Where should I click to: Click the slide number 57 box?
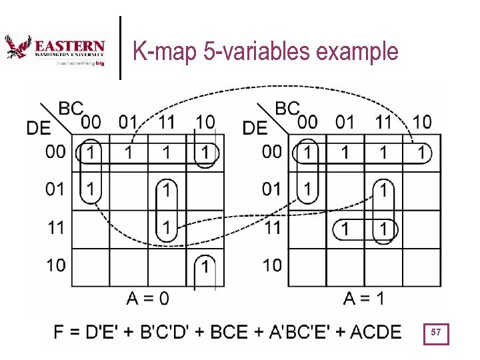point(436,332)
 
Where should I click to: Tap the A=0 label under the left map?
point(148,298)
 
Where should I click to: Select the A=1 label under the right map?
point(364,298)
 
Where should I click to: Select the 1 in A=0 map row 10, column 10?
point(205,267)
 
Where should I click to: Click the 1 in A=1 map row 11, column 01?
point(344,229)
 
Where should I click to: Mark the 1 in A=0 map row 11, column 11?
point(166,229)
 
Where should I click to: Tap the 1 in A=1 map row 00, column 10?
point(421,153)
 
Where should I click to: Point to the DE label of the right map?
point(254,127)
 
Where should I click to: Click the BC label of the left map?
point(71,108)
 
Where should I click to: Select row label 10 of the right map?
point(271,265)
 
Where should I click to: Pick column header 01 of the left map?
point(128,122)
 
